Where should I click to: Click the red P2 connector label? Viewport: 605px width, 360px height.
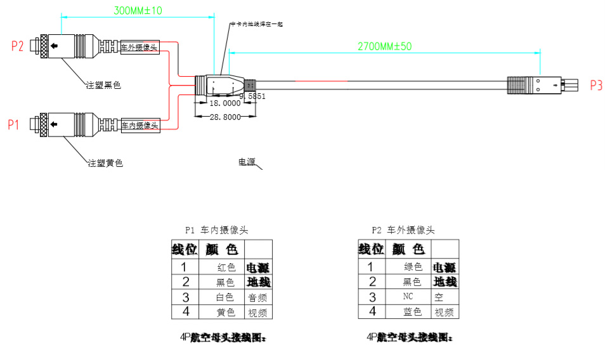point(17,46)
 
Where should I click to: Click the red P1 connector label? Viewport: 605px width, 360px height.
point(14,125)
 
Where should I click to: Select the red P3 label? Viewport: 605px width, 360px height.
point(596,86)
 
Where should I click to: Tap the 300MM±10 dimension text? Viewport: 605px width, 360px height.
point(138,11)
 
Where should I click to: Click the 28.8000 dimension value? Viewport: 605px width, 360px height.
point(225,118)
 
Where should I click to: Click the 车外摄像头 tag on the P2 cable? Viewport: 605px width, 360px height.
point(139,47)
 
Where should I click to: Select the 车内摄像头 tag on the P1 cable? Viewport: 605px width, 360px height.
point(139,125)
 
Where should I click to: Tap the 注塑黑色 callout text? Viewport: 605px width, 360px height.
point(104,84)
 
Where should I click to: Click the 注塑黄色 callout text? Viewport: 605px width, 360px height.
point(105,164)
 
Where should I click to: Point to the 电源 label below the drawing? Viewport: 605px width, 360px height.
point(247,162)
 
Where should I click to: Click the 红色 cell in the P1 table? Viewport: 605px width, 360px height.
point(226,267)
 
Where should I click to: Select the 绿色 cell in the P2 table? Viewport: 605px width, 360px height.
point(413,267)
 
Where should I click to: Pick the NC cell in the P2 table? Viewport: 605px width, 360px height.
point(408,297)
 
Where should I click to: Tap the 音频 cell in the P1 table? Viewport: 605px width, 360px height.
point(257,297)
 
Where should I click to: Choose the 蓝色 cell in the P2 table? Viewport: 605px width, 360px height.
point(413,312)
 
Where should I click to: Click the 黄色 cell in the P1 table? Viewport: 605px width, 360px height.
point(226,312)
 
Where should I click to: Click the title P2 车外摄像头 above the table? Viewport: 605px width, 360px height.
point(403,230)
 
